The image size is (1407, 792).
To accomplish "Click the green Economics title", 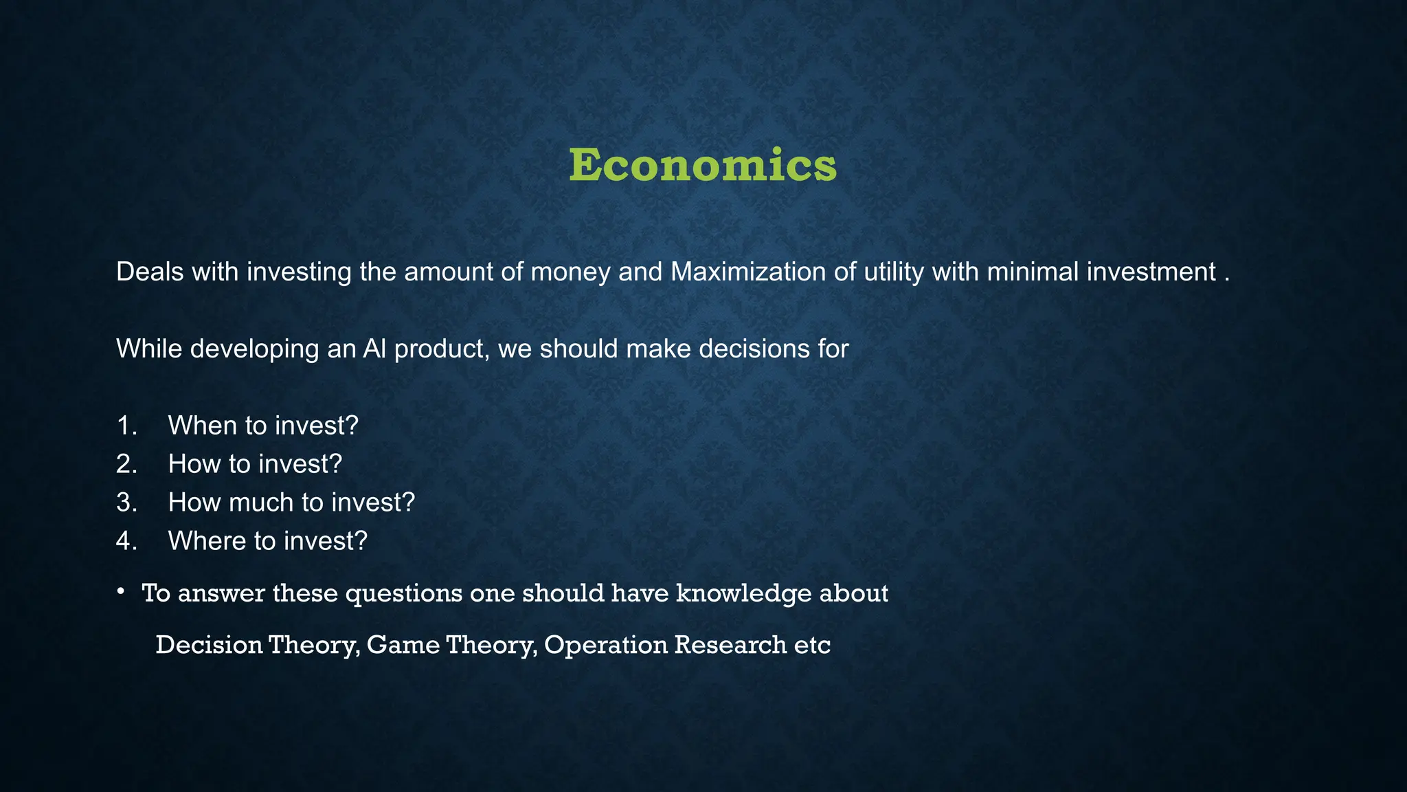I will [x=703, y=166].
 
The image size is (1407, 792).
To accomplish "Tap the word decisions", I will [x=750, y=349].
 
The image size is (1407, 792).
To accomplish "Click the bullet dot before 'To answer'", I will [x=120, y=591].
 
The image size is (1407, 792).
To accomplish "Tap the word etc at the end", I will [x=812, y=646].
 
